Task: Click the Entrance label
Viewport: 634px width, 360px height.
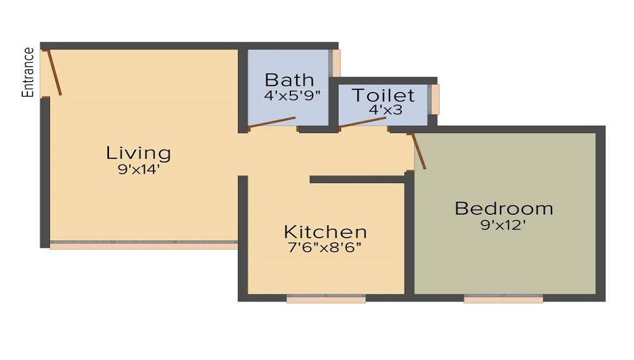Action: (x=28, y=72)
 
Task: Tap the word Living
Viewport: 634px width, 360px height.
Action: (x=138, y=153)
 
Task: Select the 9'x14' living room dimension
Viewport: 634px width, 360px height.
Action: (x=138, y=169)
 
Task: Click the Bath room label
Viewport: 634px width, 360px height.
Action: (x=289, y=80)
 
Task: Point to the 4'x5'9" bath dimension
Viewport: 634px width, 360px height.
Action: (x=292, y=96)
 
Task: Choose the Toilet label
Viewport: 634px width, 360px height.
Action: (x=383, y=96)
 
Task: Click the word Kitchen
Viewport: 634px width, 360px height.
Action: (x=325, y=232)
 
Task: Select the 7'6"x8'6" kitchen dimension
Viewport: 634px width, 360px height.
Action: (x=325, y=247)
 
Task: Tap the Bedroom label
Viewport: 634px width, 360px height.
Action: (x=503, y=208)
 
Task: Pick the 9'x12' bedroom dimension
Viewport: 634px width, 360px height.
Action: (x=503, y=224)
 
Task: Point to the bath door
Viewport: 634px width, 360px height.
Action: (x=273, y=122)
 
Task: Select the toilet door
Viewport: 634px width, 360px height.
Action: (x=363, y=122)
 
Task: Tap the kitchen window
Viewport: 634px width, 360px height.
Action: (x=326, y=298)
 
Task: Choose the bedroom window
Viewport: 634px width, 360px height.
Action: (x=503, y=298)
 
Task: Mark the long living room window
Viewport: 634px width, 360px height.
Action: (x=143, y=244)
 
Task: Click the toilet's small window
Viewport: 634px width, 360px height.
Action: (x=434, y=99)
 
